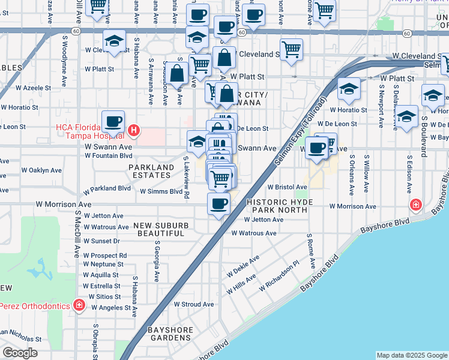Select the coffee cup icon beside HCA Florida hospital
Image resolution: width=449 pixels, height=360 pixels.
click(x=113, y=122)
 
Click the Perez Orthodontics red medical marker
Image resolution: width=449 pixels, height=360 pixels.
click(x=79, y=305)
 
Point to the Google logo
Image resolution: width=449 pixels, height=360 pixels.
click(x=20, y=353)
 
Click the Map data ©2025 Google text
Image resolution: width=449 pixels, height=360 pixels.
click(x=412, y=355)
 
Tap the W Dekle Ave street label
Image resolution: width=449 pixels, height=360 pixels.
click(x=243, y=266)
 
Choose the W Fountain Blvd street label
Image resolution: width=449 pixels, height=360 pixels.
click(x=108, y=156)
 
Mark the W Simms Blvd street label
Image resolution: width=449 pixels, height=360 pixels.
click(x=160, y=191)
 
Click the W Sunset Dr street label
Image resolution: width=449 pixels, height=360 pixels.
click(x=102, y=241)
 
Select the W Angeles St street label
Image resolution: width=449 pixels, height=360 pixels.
click(x=111, y=308)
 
